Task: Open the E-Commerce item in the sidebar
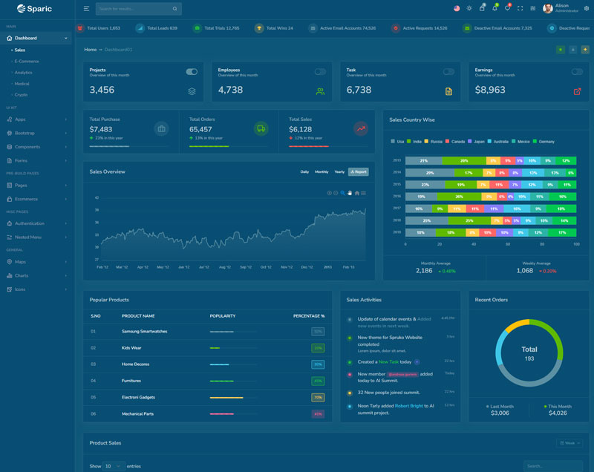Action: tap(27, 61)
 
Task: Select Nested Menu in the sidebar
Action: tap(27, 237)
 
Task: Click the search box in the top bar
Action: tap(134, 9)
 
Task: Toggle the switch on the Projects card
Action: tap(192, 72)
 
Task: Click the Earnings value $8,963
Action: tap(490, 90)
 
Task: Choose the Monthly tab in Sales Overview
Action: tap(322, 171)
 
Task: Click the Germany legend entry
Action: tap(546, 141)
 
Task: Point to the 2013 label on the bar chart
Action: tap(397, 160)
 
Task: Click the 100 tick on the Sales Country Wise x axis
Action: tap(576, 243)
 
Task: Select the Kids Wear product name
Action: tap(131, 347)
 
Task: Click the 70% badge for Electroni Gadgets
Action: tap(318, 397)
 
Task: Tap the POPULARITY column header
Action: tap(222, 316)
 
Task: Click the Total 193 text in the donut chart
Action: tap(529, 353)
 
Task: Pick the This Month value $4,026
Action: tap(558, 413)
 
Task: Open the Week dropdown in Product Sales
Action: tap(569, 443)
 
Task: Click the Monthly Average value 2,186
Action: tap(424, 271)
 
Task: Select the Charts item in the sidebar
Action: tap(22, 275)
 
